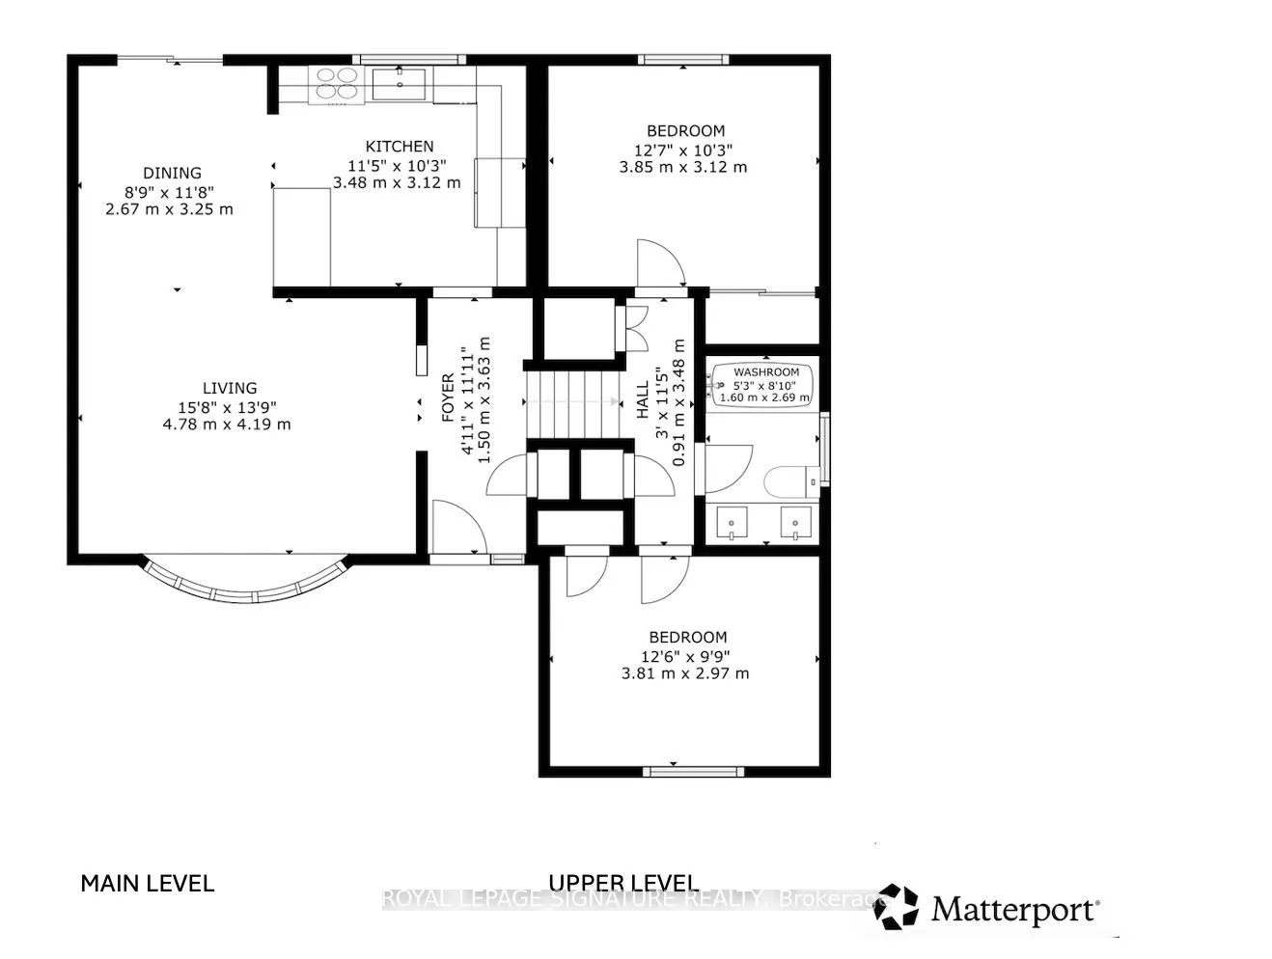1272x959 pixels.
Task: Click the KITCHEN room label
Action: [399, 146]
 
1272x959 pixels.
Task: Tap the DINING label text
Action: [172, 173]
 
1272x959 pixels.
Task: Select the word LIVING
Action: [230, 388]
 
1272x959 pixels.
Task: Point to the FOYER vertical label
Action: [448, 397]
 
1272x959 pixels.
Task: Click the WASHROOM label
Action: [766, 371]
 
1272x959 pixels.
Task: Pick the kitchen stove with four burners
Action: [336, 85]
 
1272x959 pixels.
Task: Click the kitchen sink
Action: [399, 84]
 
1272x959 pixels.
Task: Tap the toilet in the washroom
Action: [792, 481]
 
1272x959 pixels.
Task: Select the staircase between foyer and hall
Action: [572, 405]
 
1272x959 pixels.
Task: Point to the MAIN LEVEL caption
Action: [148, 883]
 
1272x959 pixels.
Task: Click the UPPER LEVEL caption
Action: [623, 883]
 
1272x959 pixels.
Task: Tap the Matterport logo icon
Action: [896, 906]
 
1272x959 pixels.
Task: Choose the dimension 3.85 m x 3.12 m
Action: [682, 167]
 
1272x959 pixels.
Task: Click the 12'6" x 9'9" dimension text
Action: [685, 657]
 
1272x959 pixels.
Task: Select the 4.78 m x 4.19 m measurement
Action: [227, 425]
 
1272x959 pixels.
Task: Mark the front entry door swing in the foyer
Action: [459, 526]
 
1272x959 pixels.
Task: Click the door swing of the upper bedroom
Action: [661, 263]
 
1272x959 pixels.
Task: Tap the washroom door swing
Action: [729, 469]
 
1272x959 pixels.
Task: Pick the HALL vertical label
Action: [643, 399]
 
